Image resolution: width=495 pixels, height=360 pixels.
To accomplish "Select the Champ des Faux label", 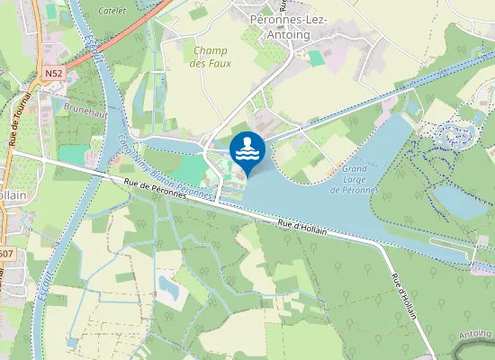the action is [x=210, y=57].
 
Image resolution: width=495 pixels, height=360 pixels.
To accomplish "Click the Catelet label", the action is [x=112, y=11].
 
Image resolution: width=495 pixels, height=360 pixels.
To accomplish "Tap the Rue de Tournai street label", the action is [x=14, y=119].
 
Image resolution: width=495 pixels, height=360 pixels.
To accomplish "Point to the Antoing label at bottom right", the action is [x=474, y=335].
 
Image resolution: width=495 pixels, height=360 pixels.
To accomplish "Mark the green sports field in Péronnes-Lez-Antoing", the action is [x=315, y=58].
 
